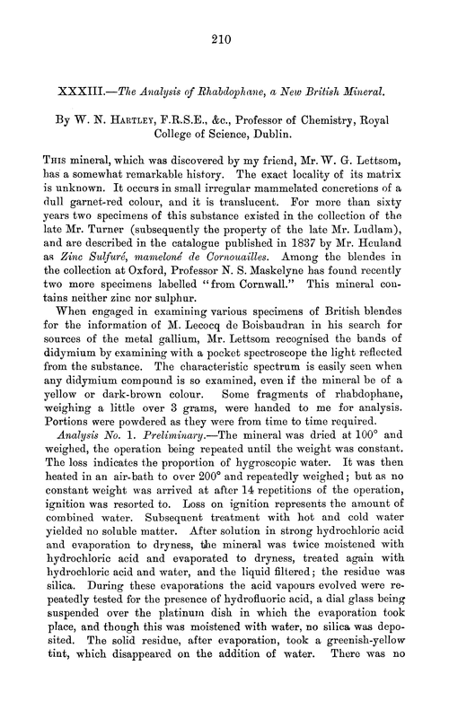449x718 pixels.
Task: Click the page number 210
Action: [x=224, y=38]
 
